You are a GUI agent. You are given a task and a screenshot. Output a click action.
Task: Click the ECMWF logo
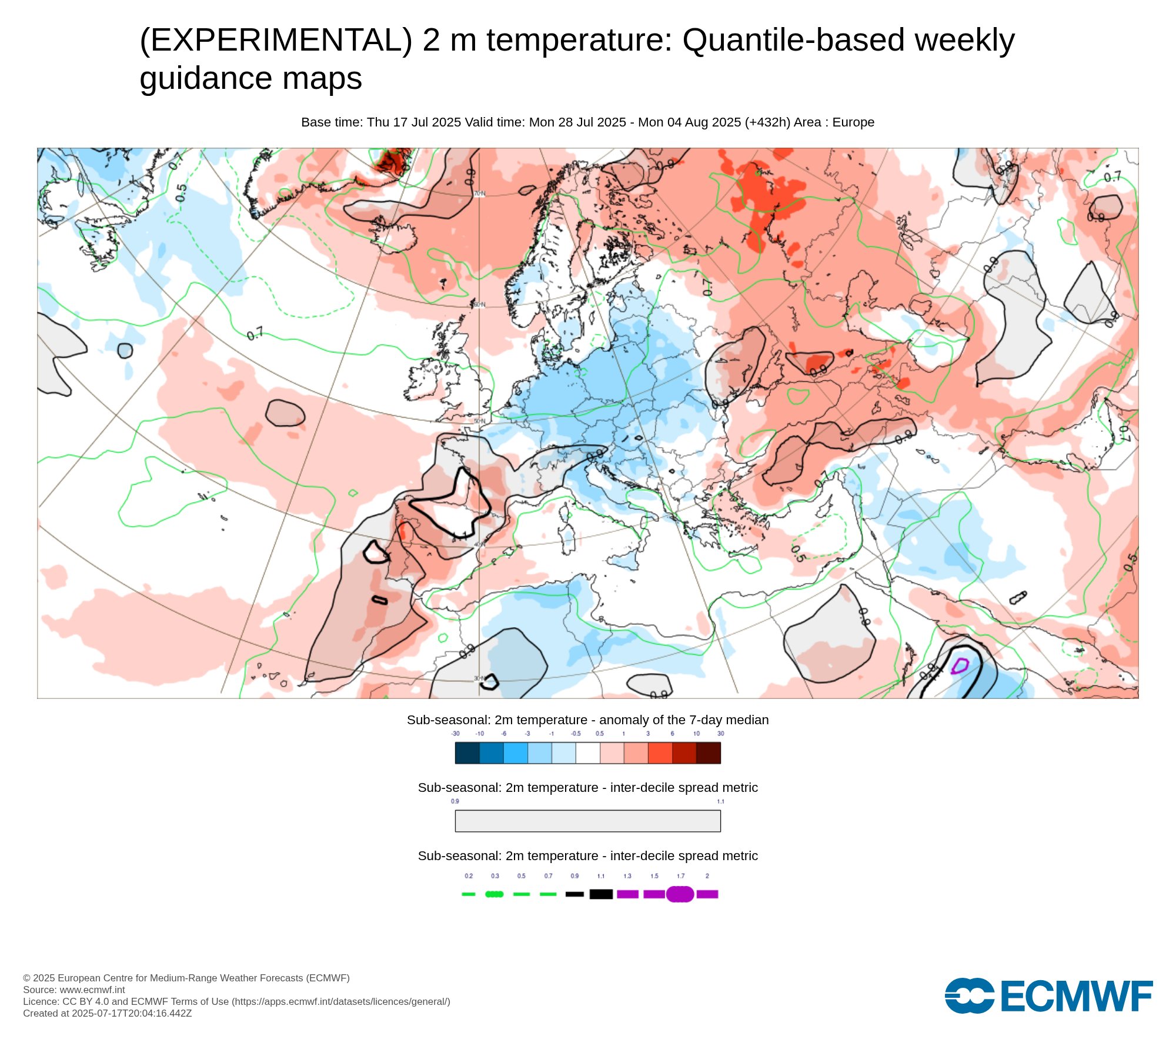[x=1048, y=996]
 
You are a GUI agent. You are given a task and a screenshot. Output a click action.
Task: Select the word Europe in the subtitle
[x=853, y=122]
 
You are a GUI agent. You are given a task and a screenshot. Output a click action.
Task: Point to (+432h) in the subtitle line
[x=767, y=122]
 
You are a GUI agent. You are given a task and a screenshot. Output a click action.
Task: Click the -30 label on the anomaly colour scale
[x=455, y=734]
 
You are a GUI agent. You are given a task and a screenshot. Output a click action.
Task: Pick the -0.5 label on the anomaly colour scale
[x=576, y=734]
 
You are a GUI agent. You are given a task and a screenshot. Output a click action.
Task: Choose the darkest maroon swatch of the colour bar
[x=708, y=753]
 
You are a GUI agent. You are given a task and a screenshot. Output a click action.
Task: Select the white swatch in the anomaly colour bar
[x=588, y=753]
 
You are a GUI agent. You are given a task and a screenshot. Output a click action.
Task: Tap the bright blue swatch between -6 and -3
[x=516, y=753]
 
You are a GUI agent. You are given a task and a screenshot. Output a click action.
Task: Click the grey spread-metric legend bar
[x=588, y=821]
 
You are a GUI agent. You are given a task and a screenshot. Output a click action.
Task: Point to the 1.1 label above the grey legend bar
[x=720, y=801]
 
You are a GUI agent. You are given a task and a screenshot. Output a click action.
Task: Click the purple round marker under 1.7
[x=680, y=894]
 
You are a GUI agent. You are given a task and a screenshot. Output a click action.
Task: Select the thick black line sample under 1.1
[x=601, y=894]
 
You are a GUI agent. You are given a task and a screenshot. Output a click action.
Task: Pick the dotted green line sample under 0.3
[x=495, y=894]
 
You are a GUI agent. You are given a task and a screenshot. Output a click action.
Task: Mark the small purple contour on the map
[x=960, y=666]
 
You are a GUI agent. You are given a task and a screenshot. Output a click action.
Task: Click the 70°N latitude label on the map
[x=480, y=194]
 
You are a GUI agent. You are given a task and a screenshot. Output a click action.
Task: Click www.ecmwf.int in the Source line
[x=92, y=990]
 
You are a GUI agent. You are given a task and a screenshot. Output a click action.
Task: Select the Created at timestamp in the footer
[x=108, y=1013]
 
